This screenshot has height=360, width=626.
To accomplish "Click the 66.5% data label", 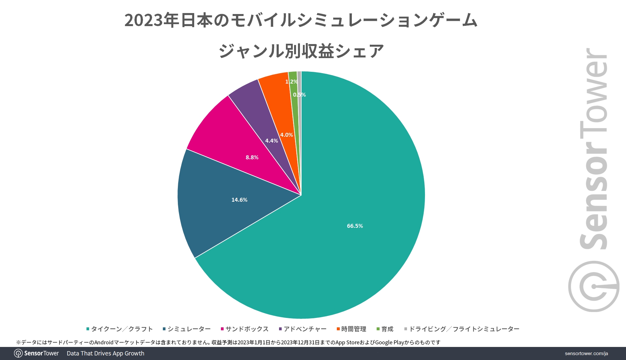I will point(355,226).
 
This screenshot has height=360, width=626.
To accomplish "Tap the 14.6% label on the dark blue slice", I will point(239,200).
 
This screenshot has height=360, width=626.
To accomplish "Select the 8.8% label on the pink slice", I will point(252,157).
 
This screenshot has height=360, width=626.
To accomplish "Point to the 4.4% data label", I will point(272,141).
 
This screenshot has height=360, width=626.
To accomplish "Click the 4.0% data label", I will point(287,135).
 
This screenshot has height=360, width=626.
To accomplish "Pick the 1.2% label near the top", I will point(291,82).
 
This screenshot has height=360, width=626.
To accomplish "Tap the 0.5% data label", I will point(299,95).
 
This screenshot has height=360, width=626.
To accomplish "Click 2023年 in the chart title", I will point(152,20).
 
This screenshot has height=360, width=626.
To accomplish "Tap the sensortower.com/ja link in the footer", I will point(586,353).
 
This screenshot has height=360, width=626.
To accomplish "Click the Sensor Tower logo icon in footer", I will point(18,353).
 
